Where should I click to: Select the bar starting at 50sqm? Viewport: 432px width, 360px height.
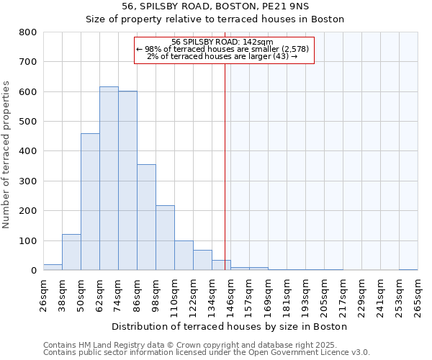pos(90,202)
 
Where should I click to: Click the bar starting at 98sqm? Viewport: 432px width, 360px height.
pos(165,238)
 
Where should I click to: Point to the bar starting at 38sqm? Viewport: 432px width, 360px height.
pos(71,252)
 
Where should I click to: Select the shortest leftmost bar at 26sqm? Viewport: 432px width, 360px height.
pos(53,267)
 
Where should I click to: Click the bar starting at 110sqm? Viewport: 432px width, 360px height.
pos(184,256)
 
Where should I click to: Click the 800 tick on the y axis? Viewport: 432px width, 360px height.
pos(28,32)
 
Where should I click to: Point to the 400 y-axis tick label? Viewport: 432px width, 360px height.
pos(28,151)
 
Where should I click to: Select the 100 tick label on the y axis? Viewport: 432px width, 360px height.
pos(28,240)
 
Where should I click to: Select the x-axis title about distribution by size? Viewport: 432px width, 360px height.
pos(230,326)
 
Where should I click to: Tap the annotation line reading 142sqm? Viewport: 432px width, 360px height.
pos(222,42)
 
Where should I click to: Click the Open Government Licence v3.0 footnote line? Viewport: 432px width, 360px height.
pos(207,353)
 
